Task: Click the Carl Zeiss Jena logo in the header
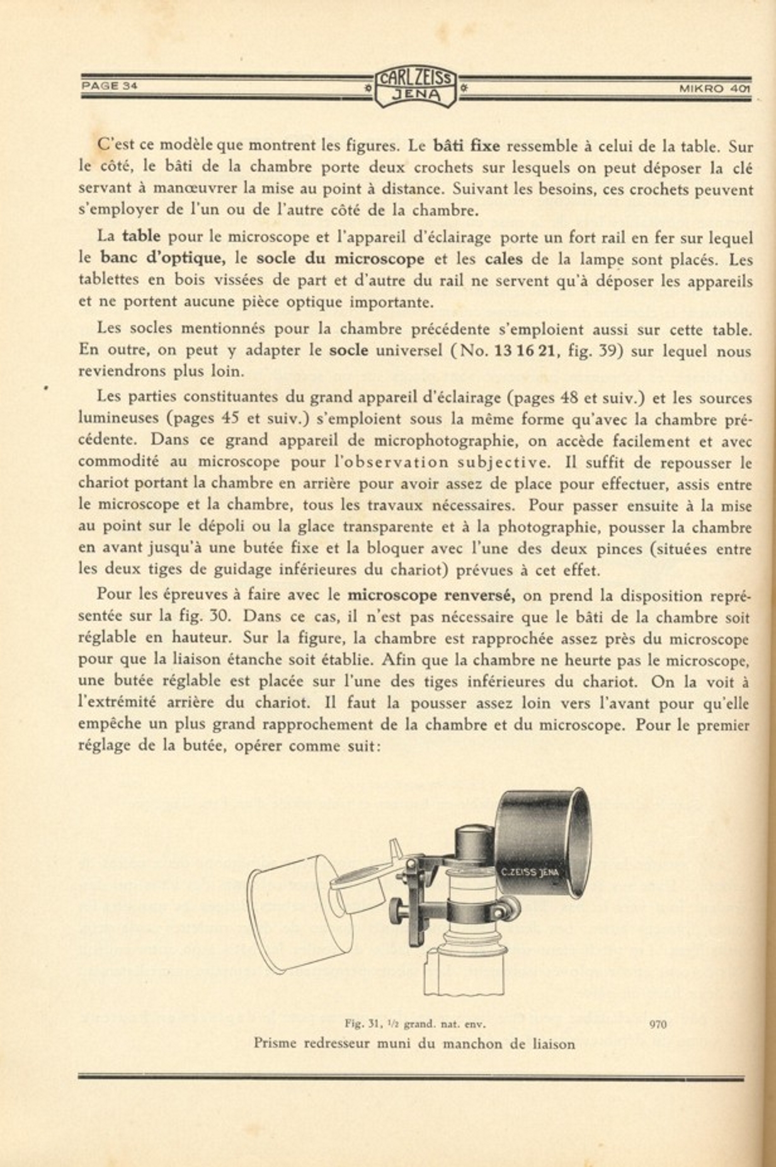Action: pos(415,87)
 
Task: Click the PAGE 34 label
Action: pos(110,86)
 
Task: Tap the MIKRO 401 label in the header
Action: pos(714,89)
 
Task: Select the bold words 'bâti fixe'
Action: pos(467,146)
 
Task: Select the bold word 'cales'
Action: pos(503,259)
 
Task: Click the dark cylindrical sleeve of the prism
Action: pos(543,840)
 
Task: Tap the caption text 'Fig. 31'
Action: pos(362,1023)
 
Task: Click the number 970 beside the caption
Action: pos(658,1024)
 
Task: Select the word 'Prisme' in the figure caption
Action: pos(276,1044)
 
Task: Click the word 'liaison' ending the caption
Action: pos(552,1044)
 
